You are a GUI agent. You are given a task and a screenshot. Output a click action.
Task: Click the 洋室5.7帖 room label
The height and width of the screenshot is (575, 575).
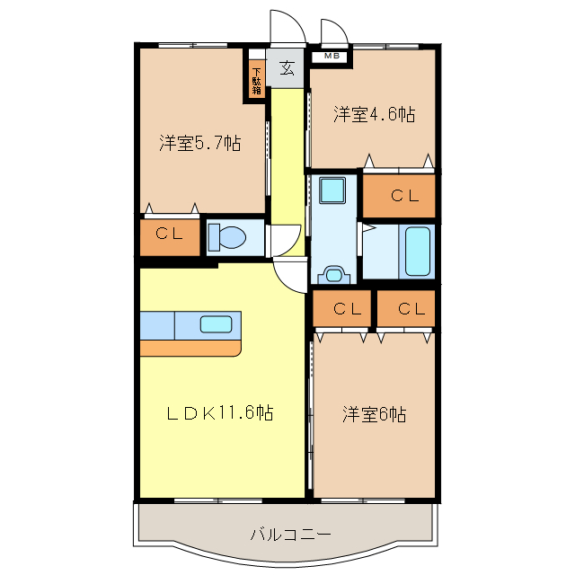pos(199,142)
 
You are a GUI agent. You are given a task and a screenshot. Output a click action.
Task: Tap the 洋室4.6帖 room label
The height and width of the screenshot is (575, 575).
pos(374,114)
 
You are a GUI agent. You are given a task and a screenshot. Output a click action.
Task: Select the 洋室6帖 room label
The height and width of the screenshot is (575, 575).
pos(374,414)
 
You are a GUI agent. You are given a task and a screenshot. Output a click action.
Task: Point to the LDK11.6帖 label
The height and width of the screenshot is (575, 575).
pos(219,413)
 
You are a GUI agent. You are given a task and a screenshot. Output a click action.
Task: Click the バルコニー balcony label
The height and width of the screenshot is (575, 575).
pos(290,535)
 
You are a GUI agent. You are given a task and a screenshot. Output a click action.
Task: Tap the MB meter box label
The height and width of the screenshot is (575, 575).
pos(332,57)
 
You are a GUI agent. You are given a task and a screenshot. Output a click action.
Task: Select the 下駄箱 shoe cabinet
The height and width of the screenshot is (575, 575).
pos(256,80)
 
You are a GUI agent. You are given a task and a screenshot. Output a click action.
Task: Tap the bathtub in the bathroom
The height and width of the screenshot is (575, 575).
pos(418,252)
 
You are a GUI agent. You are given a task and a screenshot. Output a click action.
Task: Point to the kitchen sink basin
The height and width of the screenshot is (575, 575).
pos(216,324)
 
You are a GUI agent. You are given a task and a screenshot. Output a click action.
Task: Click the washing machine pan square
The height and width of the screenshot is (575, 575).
pos(332,190)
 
